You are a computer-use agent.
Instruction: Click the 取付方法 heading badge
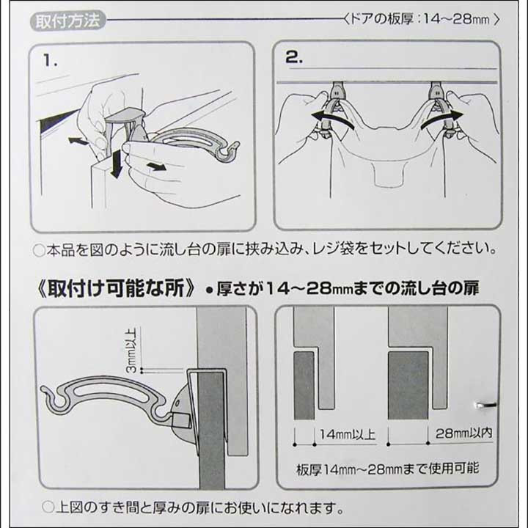[68, 21]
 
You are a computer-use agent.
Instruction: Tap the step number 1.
[50, 61]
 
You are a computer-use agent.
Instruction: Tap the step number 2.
[294, 56]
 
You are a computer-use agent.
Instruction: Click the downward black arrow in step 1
[116, 164]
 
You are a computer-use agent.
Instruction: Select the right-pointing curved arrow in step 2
[441, 119]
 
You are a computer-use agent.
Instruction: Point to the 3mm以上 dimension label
[132, 350]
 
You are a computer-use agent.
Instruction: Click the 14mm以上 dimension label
[348, 434]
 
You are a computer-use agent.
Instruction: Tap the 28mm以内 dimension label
[464, 433]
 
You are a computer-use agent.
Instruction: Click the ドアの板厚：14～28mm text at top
[422, 19]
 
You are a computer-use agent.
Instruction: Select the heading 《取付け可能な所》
[116, 288]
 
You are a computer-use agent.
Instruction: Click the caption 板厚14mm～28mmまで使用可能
[387, 469]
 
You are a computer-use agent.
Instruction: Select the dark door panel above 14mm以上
[304, 386]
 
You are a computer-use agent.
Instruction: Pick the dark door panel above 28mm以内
[408, 386]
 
